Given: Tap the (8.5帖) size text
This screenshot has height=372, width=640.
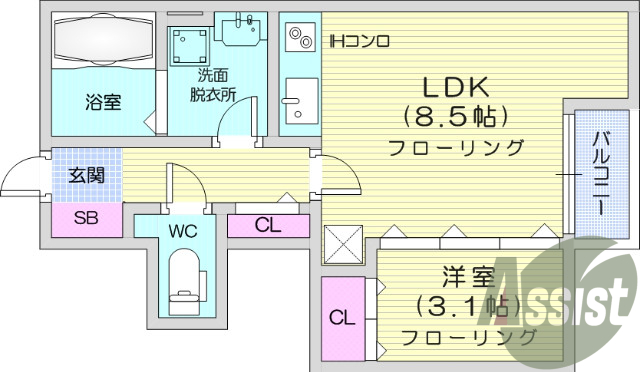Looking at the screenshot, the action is coord(446,116).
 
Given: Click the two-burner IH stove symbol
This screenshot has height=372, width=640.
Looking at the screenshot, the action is coord(299,39).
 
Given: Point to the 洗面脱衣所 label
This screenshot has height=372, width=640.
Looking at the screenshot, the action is coord(213,86).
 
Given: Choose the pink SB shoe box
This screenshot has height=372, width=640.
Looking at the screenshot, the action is coord(86,219).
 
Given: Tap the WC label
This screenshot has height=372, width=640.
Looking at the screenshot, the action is coord(182,230).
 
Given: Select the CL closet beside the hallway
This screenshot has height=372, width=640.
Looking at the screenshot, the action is coord(267,225).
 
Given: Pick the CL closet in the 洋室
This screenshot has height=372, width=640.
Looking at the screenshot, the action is coord(343,318).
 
